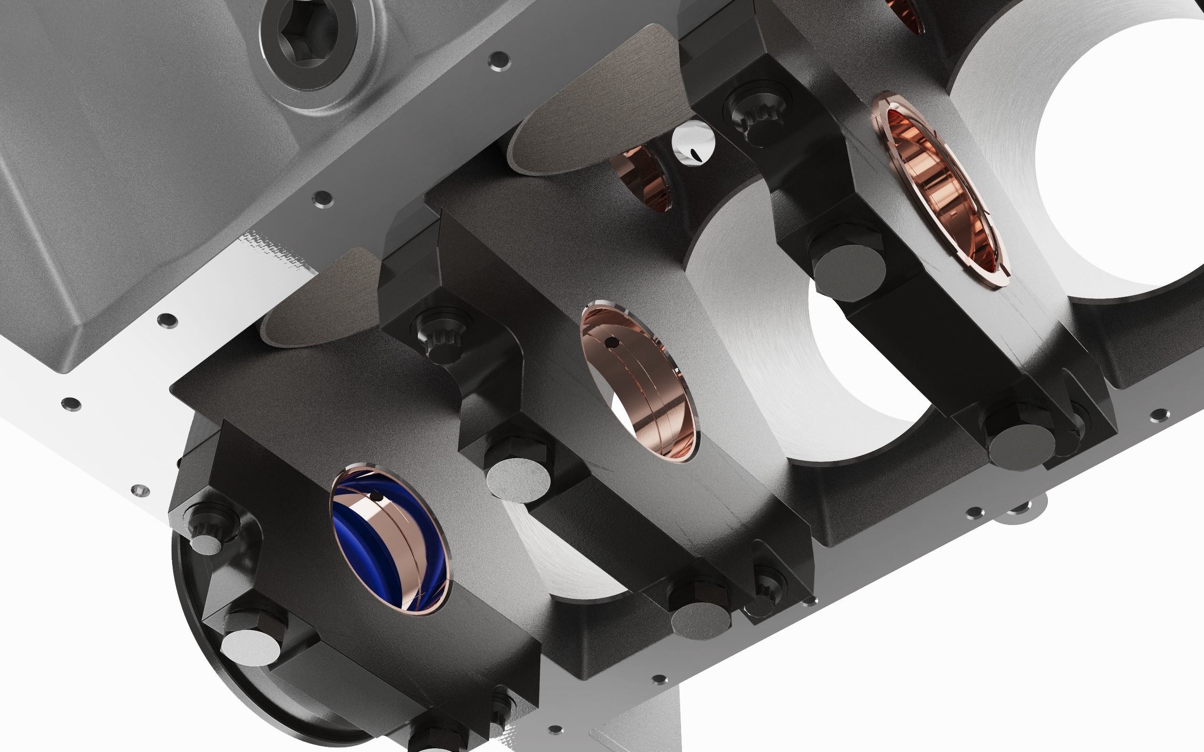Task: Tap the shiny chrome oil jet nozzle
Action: tap(693, 143)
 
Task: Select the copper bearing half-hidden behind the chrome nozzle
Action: tap(642, 177)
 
